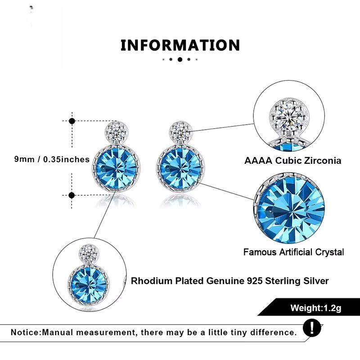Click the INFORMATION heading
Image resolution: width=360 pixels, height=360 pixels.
(180, 45)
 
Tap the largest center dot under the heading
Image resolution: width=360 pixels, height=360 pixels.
(180, 59)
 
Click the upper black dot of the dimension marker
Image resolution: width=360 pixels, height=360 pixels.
(72, 121)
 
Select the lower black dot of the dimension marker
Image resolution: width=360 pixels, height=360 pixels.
(72, 195)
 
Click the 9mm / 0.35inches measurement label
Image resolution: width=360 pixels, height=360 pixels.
(52, 159)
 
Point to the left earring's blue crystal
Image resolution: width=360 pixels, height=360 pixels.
(116, 169)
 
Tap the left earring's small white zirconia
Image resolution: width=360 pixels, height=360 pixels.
(116, 132)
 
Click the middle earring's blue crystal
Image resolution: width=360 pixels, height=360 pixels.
(180, 169)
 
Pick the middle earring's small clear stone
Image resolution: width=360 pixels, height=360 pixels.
(181, 132)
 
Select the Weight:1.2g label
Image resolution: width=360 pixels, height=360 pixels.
(316, 308)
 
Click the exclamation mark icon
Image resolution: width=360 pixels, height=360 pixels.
(312, 328)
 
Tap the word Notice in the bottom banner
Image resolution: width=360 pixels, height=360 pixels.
(26, 332)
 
